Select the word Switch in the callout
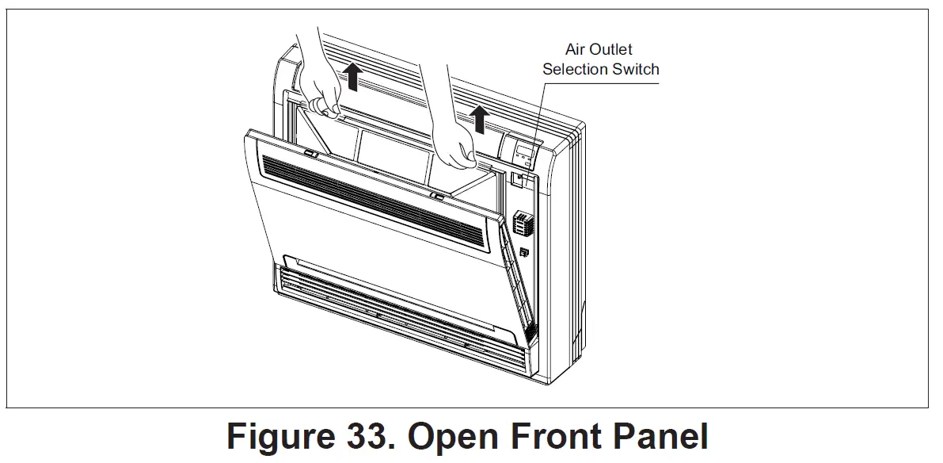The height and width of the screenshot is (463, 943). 633,69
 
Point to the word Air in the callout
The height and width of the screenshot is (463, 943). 576,49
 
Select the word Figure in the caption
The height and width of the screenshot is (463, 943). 279,438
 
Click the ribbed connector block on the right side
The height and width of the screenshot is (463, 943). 520,223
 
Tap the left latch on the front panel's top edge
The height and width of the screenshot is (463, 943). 310,153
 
